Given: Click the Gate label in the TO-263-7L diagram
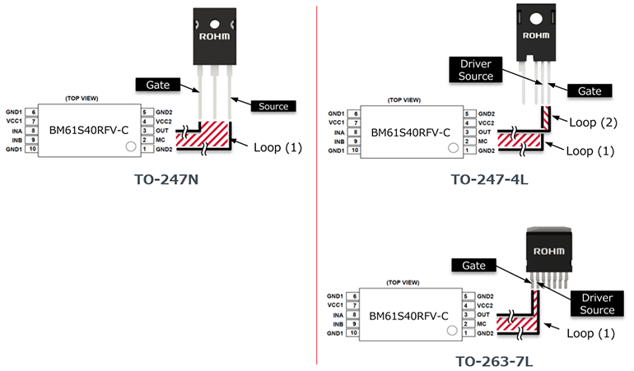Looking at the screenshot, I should click(473, 266).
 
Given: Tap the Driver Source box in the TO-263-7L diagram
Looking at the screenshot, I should click(597, 303).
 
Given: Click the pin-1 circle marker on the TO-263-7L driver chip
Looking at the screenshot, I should click(450, 329).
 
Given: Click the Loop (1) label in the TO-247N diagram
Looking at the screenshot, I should click(277, 148).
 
